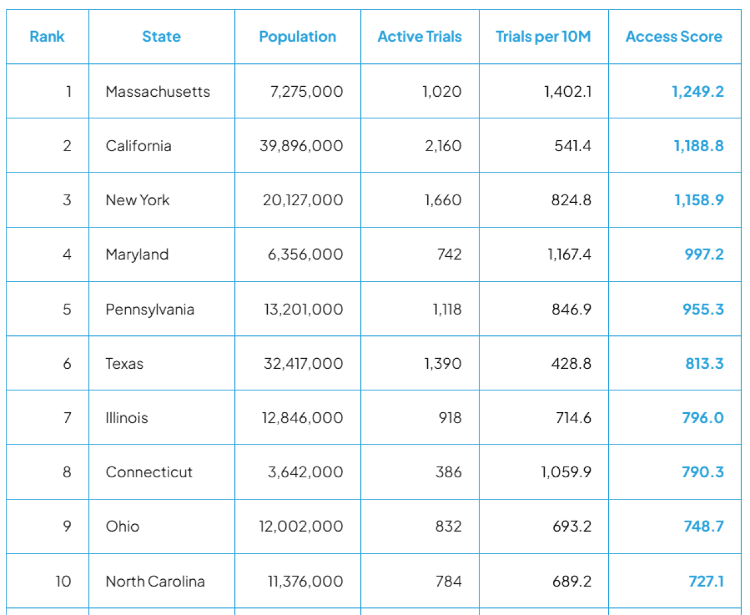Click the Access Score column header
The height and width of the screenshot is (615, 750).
[673, 37]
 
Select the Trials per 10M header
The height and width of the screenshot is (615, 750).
[543, 37]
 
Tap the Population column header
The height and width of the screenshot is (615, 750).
[297, 37]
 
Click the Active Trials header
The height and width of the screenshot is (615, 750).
[419, 37]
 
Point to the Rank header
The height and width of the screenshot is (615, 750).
[47, 37]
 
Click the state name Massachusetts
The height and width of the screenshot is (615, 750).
[158, 91]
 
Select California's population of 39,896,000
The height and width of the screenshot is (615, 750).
[301, 146]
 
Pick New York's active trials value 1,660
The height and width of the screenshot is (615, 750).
[442, 200]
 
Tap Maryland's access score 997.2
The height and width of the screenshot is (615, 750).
[704, 254]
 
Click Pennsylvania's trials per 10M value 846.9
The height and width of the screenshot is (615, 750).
[571, 309]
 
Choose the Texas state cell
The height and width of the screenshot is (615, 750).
[124, 363]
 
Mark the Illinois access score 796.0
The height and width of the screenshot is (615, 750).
[703, 418]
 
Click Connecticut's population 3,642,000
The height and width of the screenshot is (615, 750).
[305, 472]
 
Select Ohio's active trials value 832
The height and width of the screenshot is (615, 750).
[448, 526]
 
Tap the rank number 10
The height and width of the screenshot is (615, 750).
[63, 581]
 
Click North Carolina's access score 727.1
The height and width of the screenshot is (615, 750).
[705, 581]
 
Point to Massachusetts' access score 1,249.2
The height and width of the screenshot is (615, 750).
[697, 91]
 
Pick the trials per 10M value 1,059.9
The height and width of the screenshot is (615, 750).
[565, 472]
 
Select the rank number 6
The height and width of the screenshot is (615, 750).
[67, 363]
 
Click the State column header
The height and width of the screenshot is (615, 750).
[161, 37]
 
